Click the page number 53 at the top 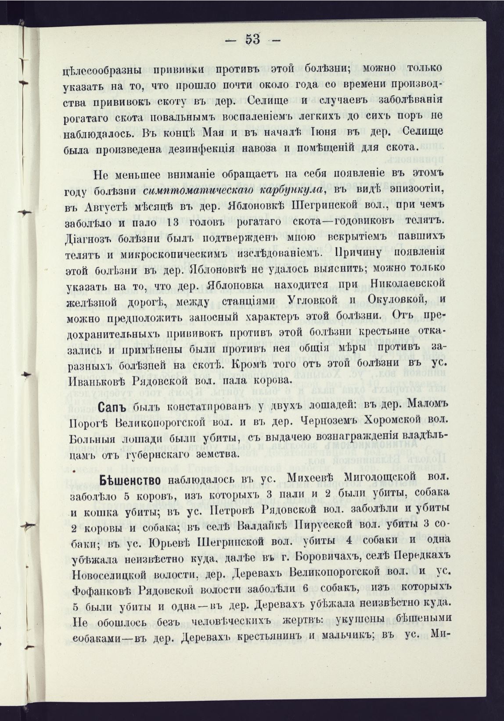[252, 39]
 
